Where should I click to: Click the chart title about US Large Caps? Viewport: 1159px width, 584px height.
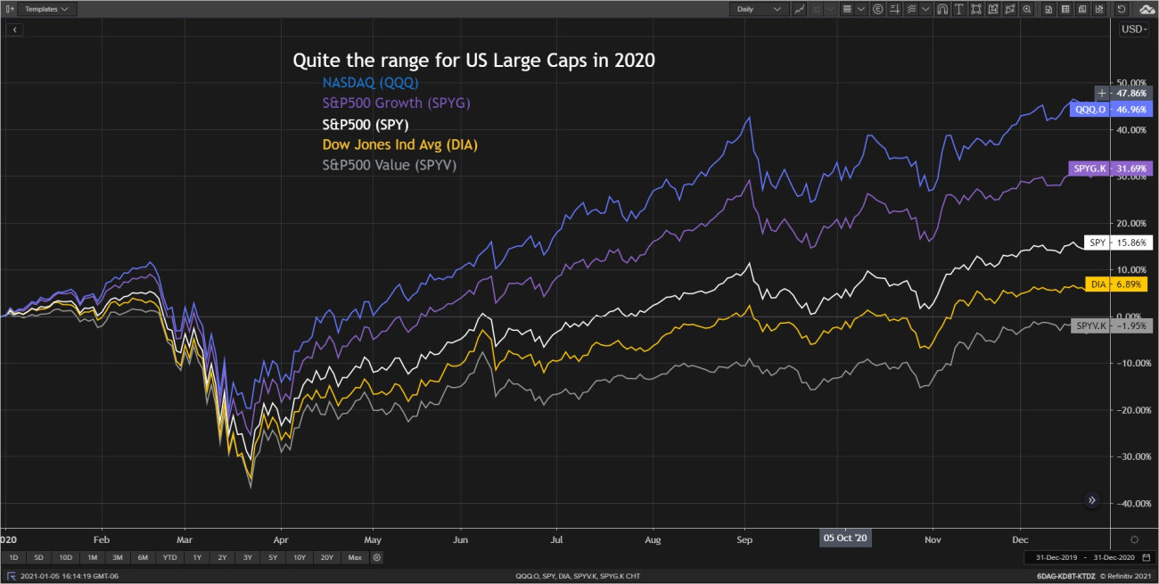click(473, 61)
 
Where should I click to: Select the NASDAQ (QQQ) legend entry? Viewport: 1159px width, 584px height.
click(370, 82)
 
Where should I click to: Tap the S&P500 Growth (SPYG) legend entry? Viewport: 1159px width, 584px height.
click(396, 103)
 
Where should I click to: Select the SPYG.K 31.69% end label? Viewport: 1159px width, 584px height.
click(1110, 168)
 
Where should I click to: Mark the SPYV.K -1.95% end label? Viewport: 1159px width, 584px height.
click(1113, 326)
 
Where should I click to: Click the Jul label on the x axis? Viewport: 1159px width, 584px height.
click(557, 539)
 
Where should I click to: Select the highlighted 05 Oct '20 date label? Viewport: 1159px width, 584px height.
click(845, 539)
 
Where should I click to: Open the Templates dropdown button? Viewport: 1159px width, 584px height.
click(46, 9)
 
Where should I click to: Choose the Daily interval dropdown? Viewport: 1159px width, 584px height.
click(759, 9)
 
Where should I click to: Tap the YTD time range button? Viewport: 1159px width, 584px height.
click(169, 557)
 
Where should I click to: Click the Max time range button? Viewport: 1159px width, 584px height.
click(355, 557)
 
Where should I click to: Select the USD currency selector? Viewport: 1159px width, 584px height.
click(1134, 29)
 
